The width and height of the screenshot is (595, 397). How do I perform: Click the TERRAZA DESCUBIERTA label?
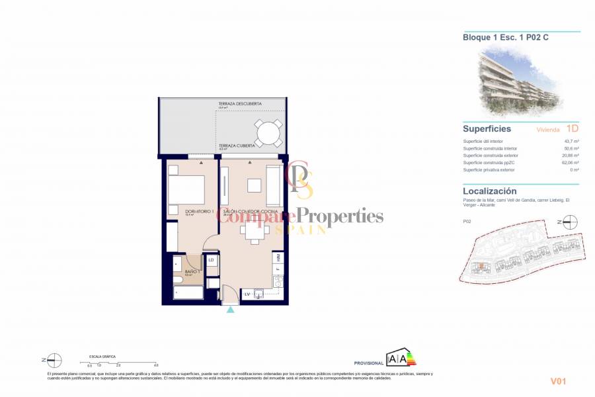(240, 104)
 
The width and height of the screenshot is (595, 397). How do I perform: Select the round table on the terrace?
(269, 133)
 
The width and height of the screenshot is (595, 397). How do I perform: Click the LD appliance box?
(211, 261)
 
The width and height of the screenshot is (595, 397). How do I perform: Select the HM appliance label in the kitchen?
(278, 257)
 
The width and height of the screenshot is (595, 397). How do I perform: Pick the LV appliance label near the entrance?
(247, 293)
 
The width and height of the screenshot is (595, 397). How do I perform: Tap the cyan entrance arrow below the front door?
(230, 310)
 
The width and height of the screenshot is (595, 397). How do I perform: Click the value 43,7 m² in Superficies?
(571, 142)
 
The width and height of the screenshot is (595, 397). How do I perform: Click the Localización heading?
(490, 191)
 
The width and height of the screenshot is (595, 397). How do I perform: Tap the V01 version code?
(559, 381)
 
